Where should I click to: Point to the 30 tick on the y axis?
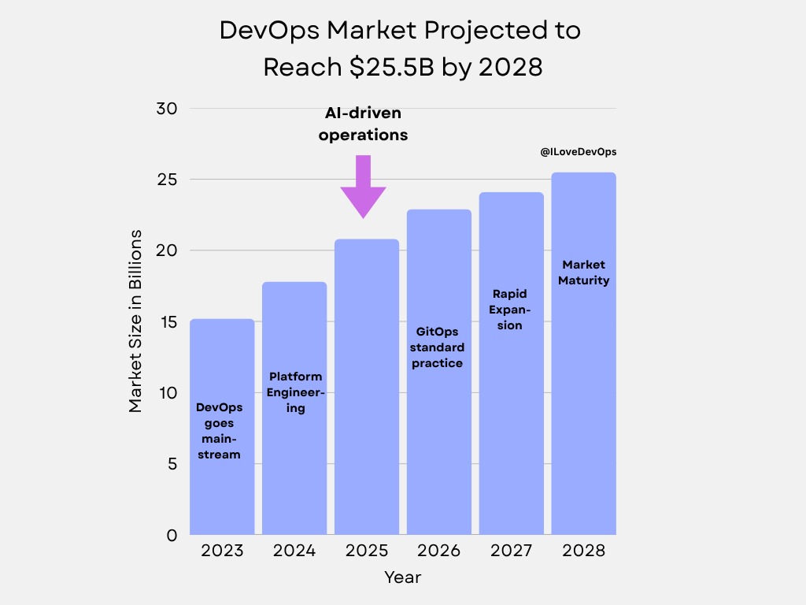(167, 109)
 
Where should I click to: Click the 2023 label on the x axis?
(222, 550)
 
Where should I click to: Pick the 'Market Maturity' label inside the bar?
(583, 273)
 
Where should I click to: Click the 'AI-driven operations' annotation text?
(363, 124)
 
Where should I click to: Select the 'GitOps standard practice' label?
(438, 347)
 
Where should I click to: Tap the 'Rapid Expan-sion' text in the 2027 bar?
(510, 310)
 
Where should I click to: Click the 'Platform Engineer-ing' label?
(295, 392)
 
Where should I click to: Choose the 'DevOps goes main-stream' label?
(219, 431)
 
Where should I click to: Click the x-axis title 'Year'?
(403, 577)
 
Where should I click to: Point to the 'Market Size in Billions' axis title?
(135, 321)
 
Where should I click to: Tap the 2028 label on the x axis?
(583, 550)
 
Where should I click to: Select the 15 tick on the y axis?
(167, 322)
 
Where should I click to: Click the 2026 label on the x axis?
(438, 550)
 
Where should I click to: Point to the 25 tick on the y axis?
(167, 180)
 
